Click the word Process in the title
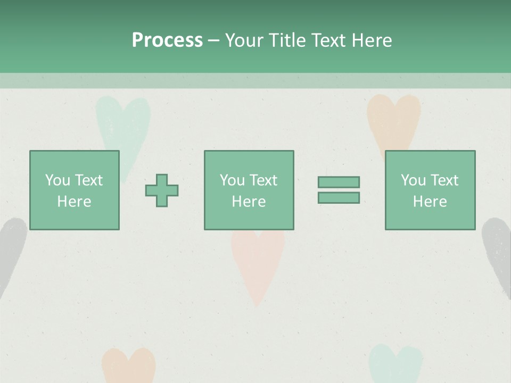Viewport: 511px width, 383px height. (x=167, y=40)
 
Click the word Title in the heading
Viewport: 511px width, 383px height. (x=283, y=40)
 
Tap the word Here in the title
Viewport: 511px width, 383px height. (x=369, y=40)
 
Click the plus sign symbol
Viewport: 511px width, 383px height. (x=162, y=190)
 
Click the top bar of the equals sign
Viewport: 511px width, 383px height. (x=339, y=182)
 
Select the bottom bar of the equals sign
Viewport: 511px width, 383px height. (x=339, y=197)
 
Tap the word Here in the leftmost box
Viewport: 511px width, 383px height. (x=74, y=202)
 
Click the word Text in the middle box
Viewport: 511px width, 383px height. (x=263, y=180)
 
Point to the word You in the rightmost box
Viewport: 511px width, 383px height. (x=413, y=180)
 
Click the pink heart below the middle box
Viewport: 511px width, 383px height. (x=258, y=266)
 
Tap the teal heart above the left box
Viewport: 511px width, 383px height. (x=123, y=122)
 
